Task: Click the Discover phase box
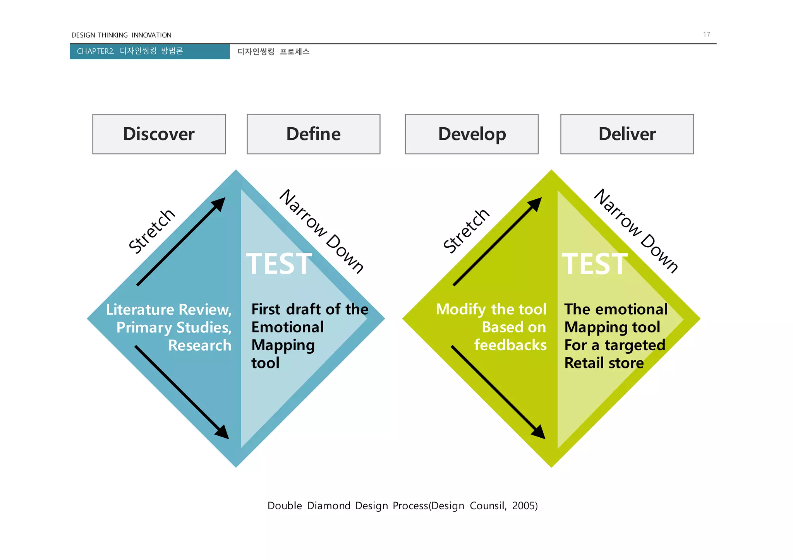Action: (159, 134)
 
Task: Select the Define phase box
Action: (313, 134)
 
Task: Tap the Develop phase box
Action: (472, 134)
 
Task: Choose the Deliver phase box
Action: (627, 134)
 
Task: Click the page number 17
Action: (706, 34)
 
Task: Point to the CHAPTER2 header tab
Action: (149, 51)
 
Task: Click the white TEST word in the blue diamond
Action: (279, 264)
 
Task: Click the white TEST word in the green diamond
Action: (595, 264)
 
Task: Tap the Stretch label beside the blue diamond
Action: (152, 231)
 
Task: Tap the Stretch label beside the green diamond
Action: (467, 231)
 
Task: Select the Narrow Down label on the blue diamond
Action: (322, 231)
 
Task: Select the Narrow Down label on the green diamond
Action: (636, 231)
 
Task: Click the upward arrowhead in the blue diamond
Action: (220, 203)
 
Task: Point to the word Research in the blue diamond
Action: (199, 345)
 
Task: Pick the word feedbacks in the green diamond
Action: (510, 345)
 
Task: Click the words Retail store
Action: (604, 363)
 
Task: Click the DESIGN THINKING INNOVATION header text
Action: (121, 35)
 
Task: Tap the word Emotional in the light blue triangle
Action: (287, 327)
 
